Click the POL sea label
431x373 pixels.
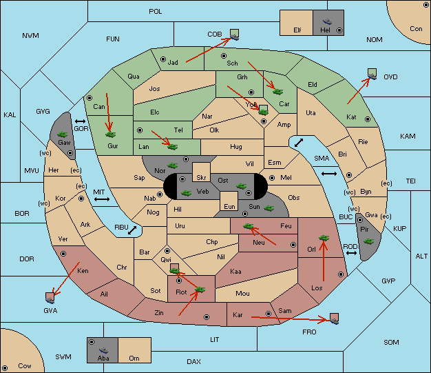156,12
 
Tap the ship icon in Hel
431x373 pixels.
327,21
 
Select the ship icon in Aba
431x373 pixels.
103,350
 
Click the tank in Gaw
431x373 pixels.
63,134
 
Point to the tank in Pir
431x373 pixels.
368,241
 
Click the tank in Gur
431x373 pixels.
110,134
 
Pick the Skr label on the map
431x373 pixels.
201,178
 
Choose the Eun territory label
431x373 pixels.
229,206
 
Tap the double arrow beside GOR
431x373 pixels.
81,121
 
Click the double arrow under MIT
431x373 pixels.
102,199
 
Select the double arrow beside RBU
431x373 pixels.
132,230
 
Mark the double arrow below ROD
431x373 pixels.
351,253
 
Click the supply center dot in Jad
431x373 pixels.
163,59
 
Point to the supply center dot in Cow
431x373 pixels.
5,368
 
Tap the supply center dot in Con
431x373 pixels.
425,6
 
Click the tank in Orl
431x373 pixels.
324,238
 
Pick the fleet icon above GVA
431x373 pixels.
50,298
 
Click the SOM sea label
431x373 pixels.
391,342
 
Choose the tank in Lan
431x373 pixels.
172,146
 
